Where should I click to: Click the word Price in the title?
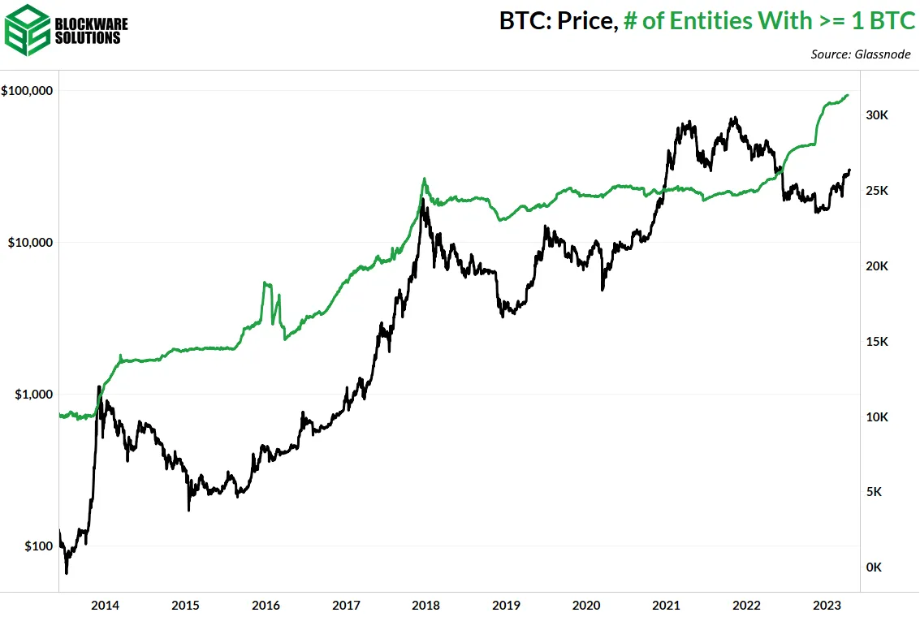tap(582, 21)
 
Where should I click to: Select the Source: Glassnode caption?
tap(861, 54)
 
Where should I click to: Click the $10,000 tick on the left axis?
tap(29, 242)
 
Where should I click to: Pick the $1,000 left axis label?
tap(32, 394)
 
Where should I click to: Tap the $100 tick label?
tap(37, 546)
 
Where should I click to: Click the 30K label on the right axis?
tap(877, 115)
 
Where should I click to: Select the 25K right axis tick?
tap(877, 191)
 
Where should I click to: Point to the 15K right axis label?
tap(877, 342)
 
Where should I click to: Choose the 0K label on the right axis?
tap(874, 567)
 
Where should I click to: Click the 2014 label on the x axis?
tap(105, 605)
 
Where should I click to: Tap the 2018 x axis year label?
tap(425, 605)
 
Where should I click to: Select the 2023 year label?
tap(827, 605)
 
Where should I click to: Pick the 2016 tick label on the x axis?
tap(266, 605)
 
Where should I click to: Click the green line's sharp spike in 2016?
tap(266, 283)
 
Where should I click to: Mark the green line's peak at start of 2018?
tap(424, 179)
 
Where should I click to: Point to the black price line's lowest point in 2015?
tap(188, 510)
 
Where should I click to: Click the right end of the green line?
tap(849, 95)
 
